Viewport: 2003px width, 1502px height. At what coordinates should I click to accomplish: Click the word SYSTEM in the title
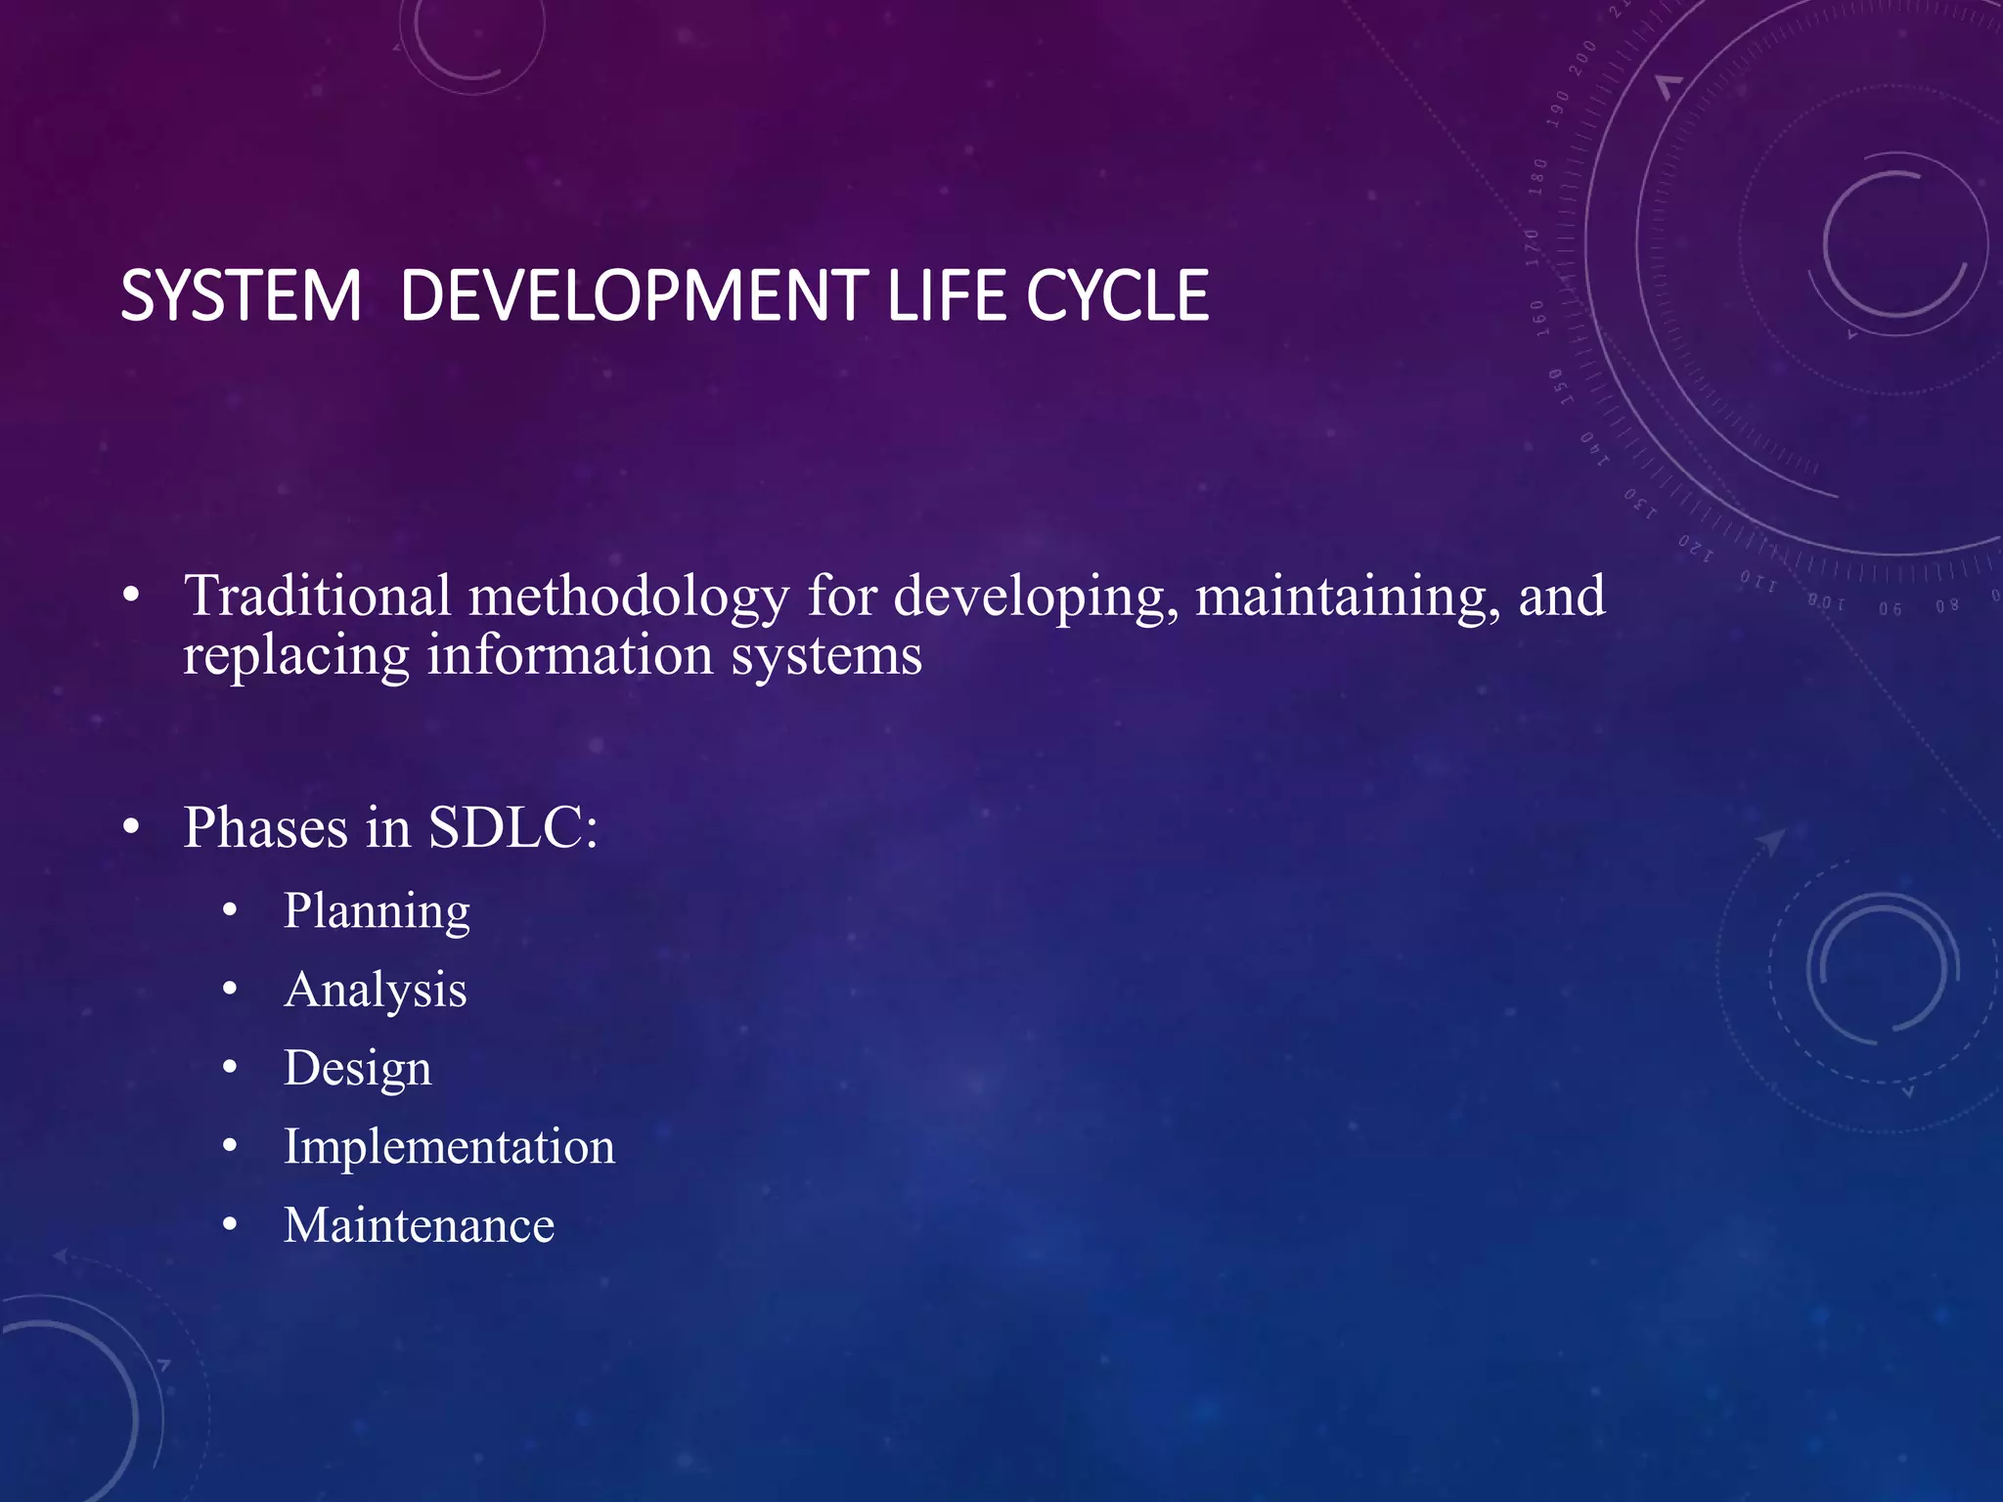coord(241,295)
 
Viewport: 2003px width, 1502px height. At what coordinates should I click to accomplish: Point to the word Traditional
coord(318,596)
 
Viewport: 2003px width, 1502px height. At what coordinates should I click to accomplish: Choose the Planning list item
coord(377,911)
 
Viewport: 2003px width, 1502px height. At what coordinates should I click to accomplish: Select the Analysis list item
coord(376,991)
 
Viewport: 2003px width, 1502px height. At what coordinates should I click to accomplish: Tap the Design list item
coord(357,1069)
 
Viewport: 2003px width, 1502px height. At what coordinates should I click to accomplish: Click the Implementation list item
coord(449,1146)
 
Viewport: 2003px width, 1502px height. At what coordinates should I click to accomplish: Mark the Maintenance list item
coord(419,1225)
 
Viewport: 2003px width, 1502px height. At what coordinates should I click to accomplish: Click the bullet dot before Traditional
coord(132,596)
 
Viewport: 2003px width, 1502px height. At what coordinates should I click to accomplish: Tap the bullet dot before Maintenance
coord(230,1225)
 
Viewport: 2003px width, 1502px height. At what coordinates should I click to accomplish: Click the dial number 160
coord(1538,318)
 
